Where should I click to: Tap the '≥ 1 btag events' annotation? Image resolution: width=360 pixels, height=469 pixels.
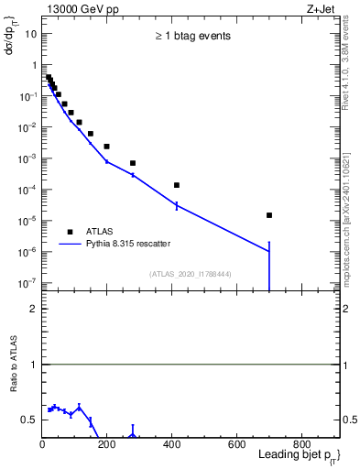(x=192, y=37)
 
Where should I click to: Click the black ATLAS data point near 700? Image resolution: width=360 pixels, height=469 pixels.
(x=269, y=215)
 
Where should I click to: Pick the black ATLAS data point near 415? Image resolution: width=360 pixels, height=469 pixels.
(x=177, y=185)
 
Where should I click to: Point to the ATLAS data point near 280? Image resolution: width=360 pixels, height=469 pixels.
(x=133, y=163)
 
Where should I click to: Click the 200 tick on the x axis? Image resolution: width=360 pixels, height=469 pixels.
(x=107, y=445)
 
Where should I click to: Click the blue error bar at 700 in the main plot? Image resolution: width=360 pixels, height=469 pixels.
(x=269, y=266)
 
